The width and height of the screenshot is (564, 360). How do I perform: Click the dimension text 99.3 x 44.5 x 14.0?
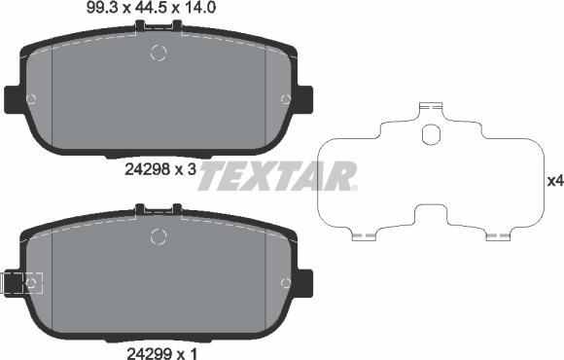pos(151,8)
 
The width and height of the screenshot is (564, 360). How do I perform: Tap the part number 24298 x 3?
pos(160,169)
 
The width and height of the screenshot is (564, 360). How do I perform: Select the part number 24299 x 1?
pos(161,353)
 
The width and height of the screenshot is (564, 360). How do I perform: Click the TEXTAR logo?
pos(278,176)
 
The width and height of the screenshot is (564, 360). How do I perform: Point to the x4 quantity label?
pos(555,181)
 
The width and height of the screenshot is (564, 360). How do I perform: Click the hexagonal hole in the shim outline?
pos(431,134)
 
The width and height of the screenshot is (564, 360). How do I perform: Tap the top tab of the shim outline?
pos(431,107)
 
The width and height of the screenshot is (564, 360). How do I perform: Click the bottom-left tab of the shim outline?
pos(364,235)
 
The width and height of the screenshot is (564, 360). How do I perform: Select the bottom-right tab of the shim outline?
pos(498,235)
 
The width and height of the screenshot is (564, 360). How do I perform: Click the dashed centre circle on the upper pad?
pos(159,53)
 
